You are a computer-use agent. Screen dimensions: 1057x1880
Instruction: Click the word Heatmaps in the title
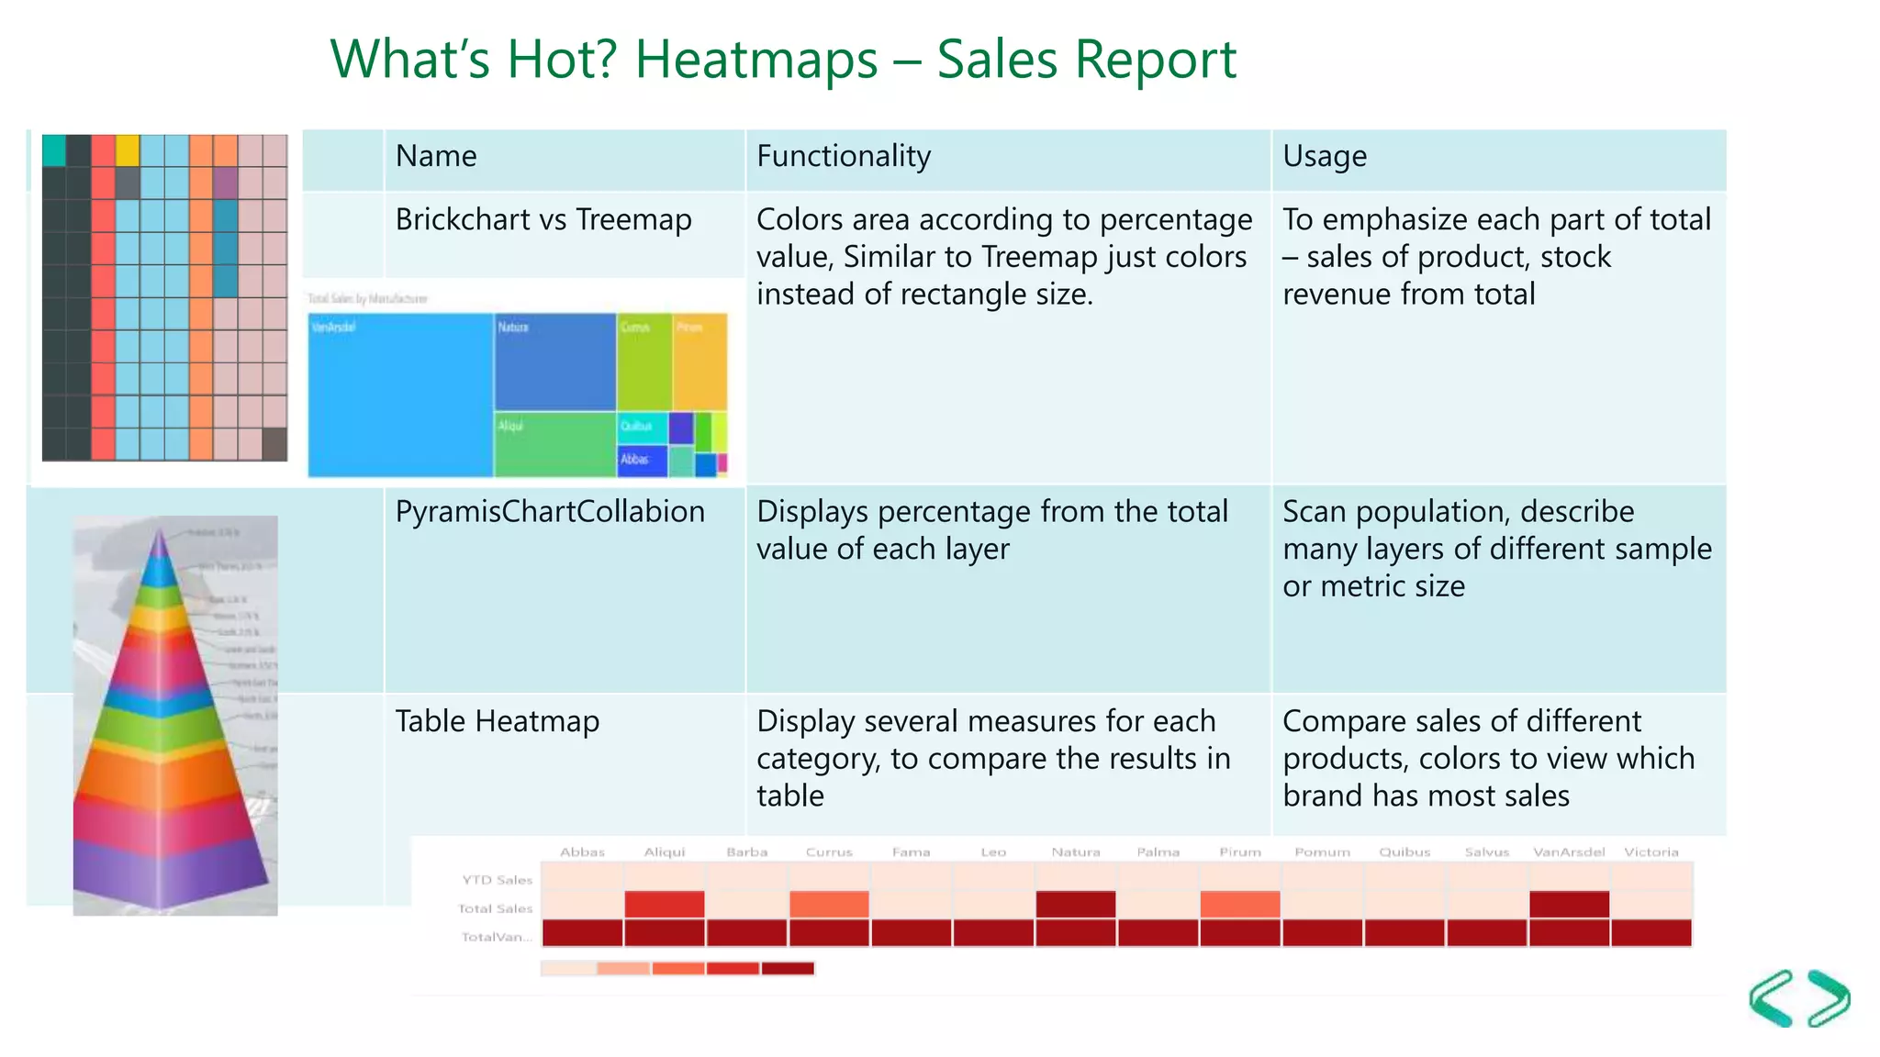click(756, 60)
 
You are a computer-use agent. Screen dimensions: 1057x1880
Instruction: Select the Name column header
click(436, 157)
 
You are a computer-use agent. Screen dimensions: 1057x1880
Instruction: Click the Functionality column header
click(844, 157)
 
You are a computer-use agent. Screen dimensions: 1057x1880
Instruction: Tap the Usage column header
click(1325, 157)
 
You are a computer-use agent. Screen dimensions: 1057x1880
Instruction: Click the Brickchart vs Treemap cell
click(543, 220)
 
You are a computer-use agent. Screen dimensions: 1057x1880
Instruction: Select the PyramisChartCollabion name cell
click(550, 512)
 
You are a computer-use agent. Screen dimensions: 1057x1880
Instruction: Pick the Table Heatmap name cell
click(497, 722)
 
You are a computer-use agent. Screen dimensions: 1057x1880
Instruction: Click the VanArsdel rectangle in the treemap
click(400, 395)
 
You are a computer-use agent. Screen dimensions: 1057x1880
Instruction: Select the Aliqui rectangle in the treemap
click(554, 444)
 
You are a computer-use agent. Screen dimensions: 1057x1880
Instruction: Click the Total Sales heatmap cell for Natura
click(1076, 905)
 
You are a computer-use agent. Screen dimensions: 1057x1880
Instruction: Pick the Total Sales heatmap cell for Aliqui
click(665, 905)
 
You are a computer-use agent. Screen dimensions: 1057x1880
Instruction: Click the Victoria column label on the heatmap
click(1651, 852)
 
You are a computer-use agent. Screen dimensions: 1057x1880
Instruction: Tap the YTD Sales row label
click(497, 880)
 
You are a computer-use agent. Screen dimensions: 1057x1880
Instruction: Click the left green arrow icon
click(1772, 997)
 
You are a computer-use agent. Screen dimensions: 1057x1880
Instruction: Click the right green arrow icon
click(1829, 997)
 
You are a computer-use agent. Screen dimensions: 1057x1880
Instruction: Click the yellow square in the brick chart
click(128, 150)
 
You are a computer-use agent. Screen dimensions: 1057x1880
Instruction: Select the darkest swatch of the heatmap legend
click(788, 969)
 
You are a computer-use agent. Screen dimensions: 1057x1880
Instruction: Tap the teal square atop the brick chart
click(54, 150)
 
